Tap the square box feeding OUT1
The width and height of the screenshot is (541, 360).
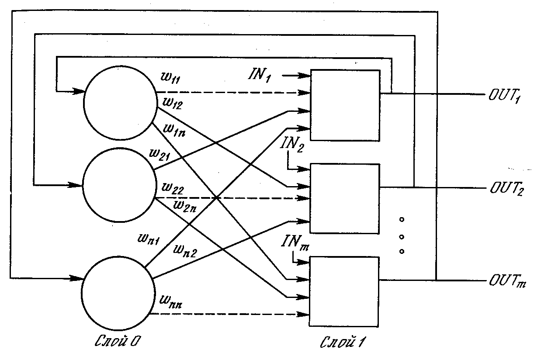(x=345, y=105)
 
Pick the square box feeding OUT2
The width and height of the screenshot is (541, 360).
(x=345, y=199)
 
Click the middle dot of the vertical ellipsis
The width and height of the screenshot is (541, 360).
(x=402, y=237)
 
